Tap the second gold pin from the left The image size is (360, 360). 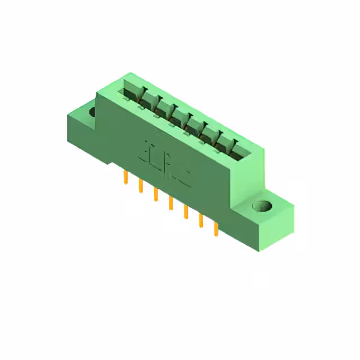(x=139, y=187)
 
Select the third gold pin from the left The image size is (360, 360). (x=155, y=195)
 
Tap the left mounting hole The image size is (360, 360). (x=93, y=111)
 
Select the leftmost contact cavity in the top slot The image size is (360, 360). (x=130, y=89)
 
